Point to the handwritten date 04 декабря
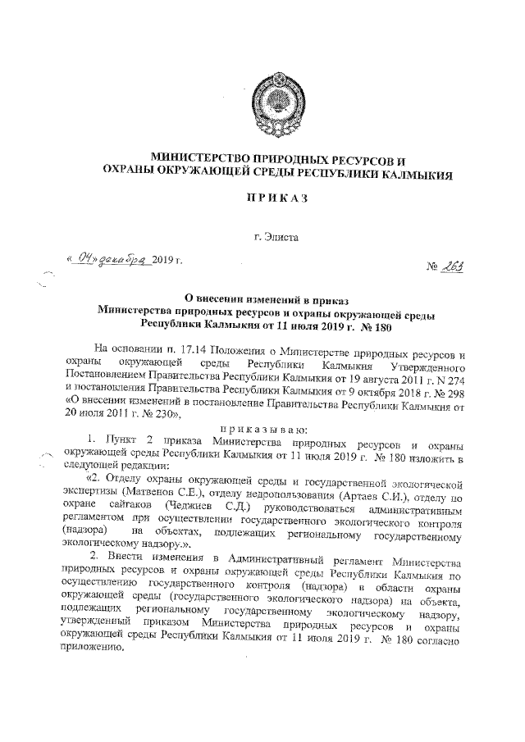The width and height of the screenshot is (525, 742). tap(110, 260)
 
